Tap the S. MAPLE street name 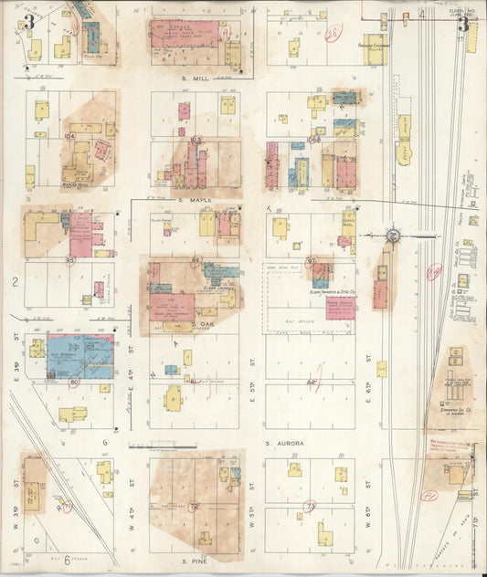pyautogui.click(x=195, y=199)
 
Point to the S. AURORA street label pyautogui.click(x=284, y=443)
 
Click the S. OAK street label pyautogui.click(x=203, y=324)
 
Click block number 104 pyautogui.click(x=69, y=135)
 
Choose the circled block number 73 pyautogui.click(x=310, y=504)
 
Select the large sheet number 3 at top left pyautogui.click(x=29, y=22)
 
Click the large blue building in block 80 pyautogui.click(x=80, y=358)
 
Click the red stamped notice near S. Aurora pyautogui.click(x=449, y=446)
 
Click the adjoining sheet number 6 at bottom pyautogui.click(x=67, y=559)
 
